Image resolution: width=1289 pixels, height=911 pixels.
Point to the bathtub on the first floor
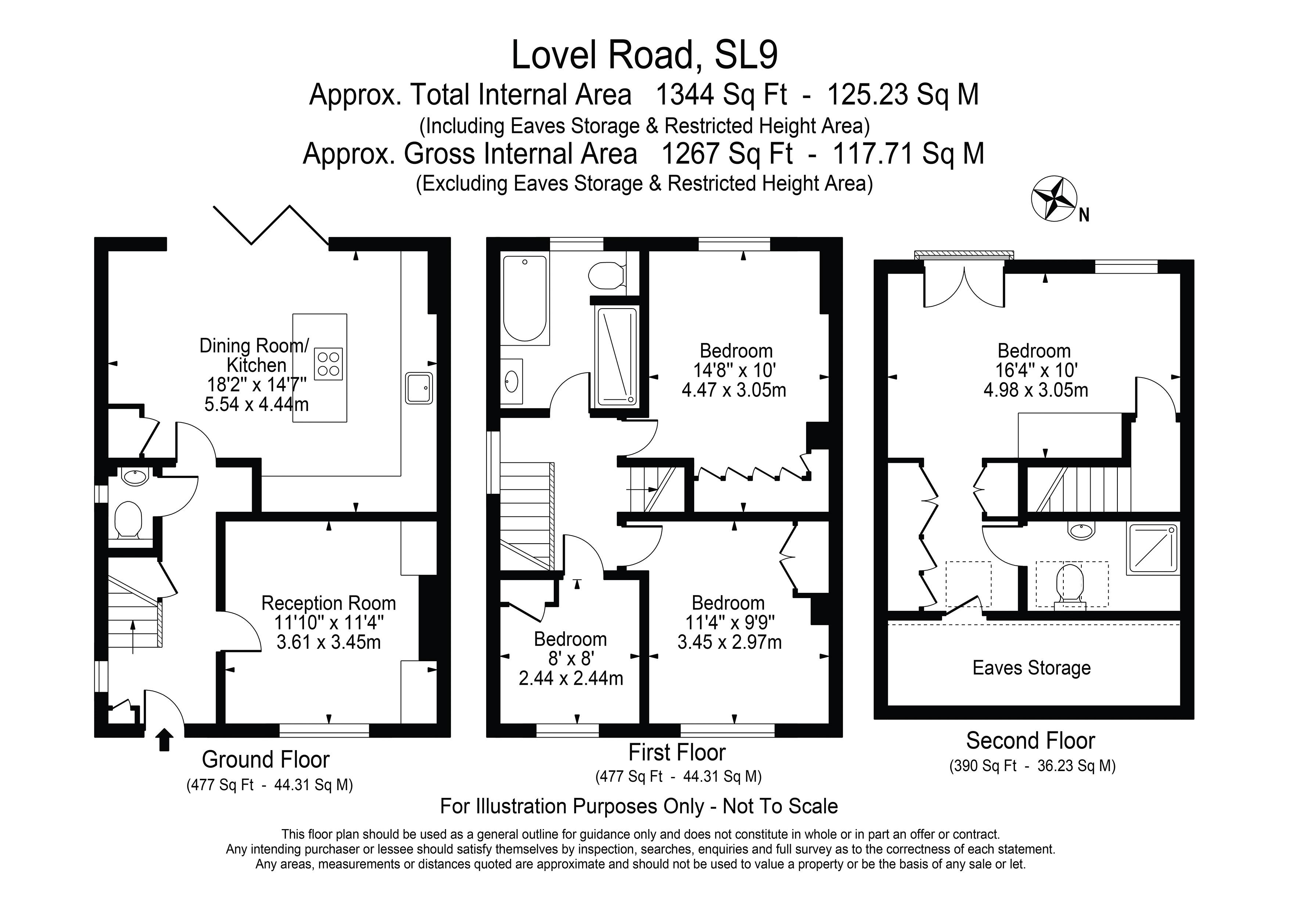[524, 299]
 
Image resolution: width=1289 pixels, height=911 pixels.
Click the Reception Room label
[328, 604]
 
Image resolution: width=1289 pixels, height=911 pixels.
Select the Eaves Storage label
[1031, 668]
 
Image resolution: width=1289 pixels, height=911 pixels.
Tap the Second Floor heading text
[1030, 741]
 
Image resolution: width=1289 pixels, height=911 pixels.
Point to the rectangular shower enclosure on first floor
[617, 356]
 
